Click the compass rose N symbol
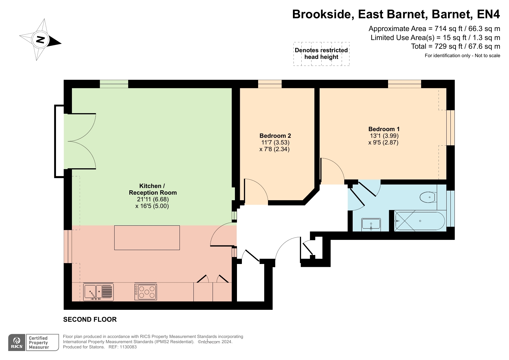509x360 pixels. pyautogui.click(x=40, y=40)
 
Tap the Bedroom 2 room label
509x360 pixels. pyautogui.click(x=275, y=136)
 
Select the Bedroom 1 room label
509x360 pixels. pyautogui.click(x=384, y=129)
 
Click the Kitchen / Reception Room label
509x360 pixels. pyautogui.click(x=153, y=189)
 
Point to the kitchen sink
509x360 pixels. pyautogui.click(x=98, y=292)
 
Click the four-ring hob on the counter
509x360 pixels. pyautogui.click(x=146, y=292)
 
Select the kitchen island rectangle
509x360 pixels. pyautogui.click(x=147, y=238)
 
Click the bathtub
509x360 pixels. pyautogui.click(x=419, y=221)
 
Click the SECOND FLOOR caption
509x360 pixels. pyautogui.click(x=90, y=319)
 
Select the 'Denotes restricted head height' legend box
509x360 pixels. pyautogui.click(x=321, y=54)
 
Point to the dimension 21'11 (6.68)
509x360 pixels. pyautogui.click(x=153, y=199)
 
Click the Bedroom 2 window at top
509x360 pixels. pyautogui.click(x=270, y=84)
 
